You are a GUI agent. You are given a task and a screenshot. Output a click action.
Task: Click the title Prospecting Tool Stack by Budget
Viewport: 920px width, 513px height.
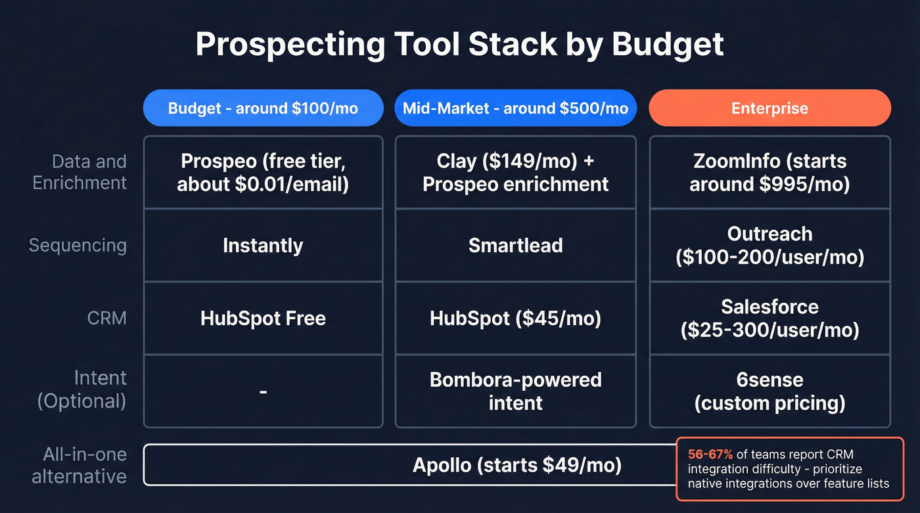click(459, 45)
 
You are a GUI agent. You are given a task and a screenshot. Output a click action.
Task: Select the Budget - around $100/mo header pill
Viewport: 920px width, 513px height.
click(263, 108)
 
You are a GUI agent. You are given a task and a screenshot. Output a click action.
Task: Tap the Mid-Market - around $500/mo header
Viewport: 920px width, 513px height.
click(515, 108)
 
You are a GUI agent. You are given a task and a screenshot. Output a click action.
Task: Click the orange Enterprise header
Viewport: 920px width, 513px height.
click(770, 108)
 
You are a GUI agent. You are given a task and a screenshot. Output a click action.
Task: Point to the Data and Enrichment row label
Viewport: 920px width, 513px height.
click(80, 172)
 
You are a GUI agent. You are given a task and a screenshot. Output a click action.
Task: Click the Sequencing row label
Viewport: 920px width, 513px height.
click(78, 246)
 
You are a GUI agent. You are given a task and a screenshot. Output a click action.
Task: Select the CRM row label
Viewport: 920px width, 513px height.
click(106, 319)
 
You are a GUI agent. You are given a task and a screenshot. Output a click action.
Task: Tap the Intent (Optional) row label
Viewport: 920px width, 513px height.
click(81, 390)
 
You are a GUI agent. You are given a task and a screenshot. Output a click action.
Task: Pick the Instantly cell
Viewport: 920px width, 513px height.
click(263, 246)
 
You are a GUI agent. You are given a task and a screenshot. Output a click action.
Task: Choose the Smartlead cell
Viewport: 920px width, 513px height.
click(515, 246)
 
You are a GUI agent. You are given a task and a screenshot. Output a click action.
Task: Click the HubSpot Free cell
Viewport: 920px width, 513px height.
click(263, 319)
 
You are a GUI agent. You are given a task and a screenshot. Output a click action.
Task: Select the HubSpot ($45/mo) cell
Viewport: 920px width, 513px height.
click(515, 319)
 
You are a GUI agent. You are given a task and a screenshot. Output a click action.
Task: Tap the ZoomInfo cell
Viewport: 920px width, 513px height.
click(770, 173)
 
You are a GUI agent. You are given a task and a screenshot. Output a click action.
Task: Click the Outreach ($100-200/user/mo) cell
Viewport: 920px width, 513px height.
click(770, 245)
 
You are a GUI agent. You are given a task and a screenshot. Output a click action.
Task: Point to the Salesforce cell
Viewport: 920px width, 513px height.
click(770, 318)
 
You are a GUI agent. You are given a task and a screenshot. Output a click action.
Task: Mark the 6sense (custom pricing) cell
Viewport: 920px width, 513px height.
click(770, 391)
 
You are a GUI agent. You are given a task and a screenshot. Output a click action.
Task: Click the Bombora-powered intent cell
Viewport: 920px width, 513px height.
click(515, 391)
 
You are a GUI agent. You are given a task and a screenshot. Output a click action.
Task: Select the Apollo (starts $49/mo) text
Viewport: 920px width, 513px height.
click(517, 465)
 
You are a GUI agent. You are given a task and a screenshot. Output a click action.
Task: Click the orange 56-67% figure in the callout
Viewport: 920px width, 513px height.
click(710, 454)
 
